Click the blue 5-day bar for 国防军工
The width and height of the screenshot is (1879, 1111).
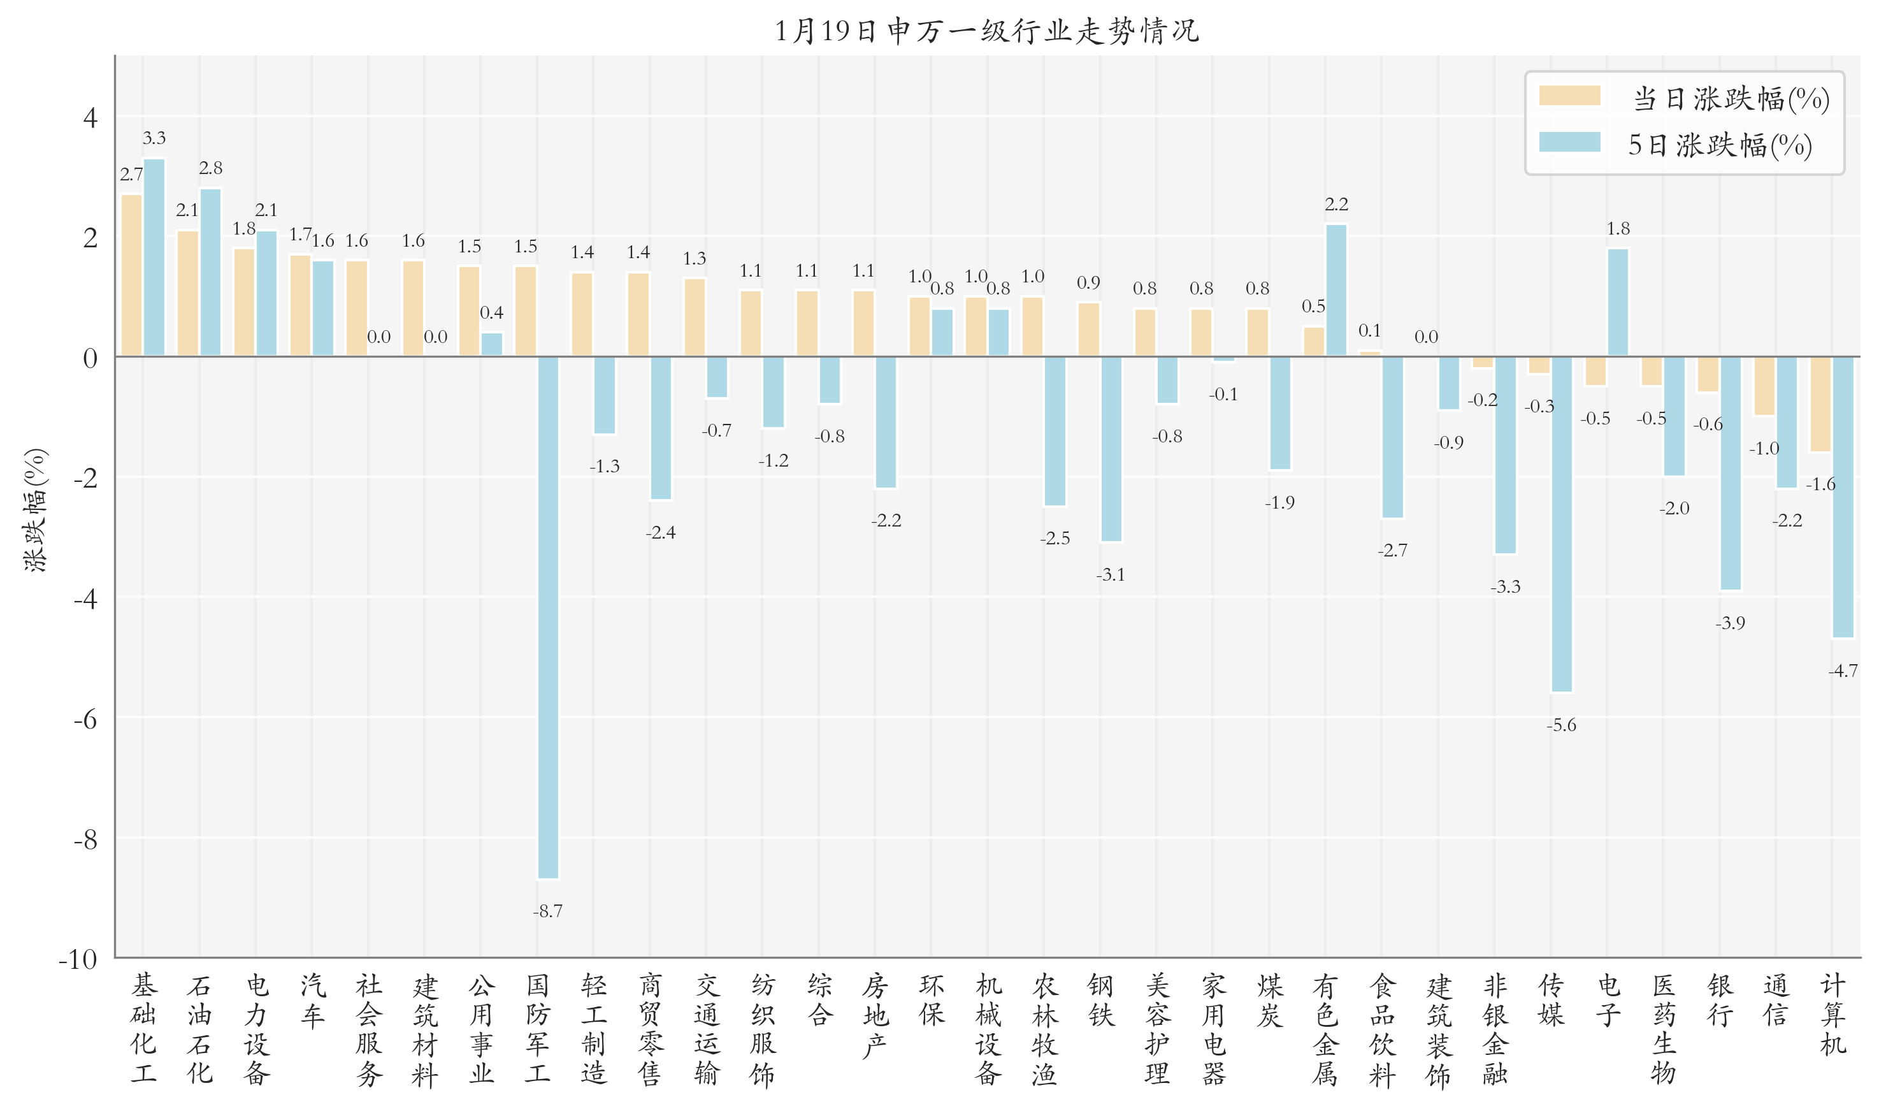(x=548, y=617)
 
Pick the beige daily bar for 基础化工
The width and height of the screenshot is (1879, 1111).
(x=132, y=275)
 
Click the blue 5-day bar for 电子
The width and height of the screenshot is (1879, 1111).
(x=1617, y=303)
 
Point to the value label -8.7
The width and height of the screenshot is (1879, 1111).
(x=548, y=911)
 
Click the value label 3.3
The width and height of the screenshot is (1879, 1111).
(x=154, y=138)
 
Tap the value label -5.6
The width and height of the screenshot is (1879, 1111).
(x=1561, y=725)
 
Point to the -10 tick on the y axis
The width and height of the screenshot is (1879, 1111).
(x=78, y=959)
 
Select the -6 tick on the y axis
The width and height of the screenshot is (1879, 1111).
(x=85, y=720)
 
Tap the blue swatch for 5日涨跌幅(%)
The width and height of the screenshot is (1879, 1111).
(x=1569, y=142)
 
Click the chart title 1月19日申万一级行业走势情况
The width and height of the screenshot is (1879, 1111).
(x=987, y=31)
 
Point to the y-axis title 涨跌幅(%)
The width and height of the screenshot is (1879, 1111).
(x=34, y=510)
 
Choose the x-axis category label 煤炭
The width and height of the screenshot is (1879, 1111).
(x=1269, y=999)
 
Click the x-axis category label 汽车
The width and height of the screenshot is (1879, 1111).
(x=312, y=999)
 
